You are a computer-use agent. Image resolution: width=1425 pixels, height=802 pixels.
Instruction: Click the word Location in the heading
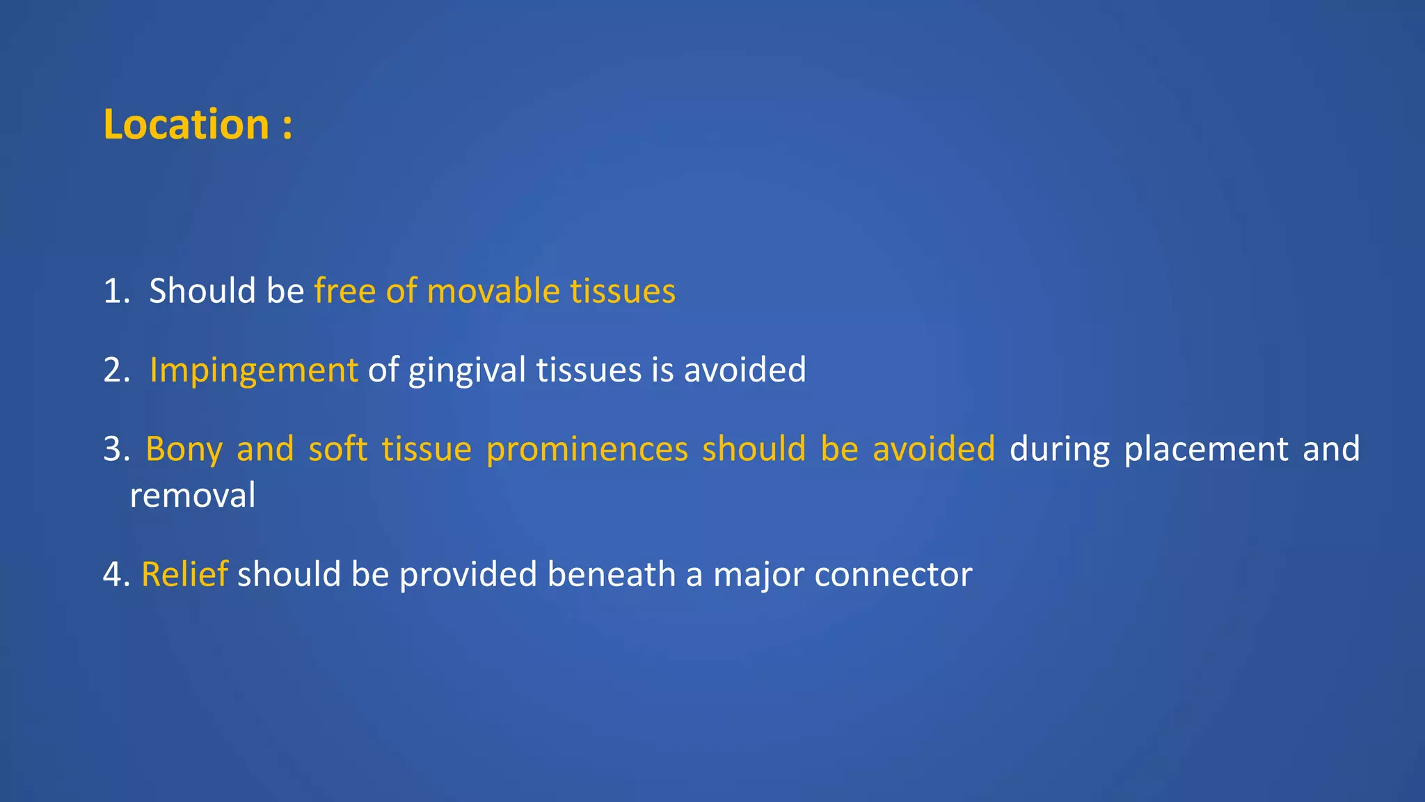(x=186, y=125)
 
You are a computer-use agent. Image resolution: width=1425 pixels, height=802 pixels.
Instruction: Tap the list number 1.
(x=113, y=291)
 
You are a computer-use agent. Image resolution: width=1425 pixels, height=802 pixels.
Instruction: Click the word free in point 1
(x=345, y=291)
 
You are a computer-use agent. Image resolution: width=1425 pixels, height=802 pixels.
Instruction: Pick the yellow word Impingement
(x=253, y=370)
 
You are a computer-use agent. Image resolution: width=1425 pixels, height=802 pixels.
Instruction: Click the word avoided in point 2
(x=745, y=370)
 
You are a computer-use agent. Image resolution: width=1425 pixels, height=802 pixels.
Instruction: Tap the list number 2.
(x=113, y=370)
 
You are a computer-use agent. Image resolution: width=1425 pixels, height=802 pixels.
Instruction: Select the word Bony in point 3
(x=184, y=450)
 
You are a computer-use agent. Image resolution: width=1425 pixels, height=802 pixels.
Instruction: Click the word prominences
(x=587, y=450)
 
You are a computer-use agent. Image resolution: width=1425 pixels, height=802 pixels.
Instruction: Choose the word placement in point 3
(x=1206, y=450)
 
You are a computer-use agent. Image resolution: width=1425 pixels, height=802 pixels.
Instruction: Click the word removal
(x=193, y=496)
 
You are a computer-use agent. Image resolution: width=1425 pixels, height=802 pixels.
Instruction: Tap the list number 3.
(x=113, y=450)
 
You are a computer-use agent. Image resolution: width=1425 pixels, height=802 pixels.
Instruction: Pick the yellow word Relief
(x=184, y=574)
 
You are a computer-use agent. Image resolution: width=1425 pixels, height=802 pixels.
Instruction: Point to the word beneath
(x=611, y=574)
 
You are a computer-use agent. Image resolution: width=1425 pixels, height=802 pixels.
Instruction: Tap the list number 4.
(x=113, y=575)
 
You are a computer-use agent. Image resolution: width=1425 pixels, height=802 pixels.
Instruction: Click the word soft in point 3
(x=337, y=450)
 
